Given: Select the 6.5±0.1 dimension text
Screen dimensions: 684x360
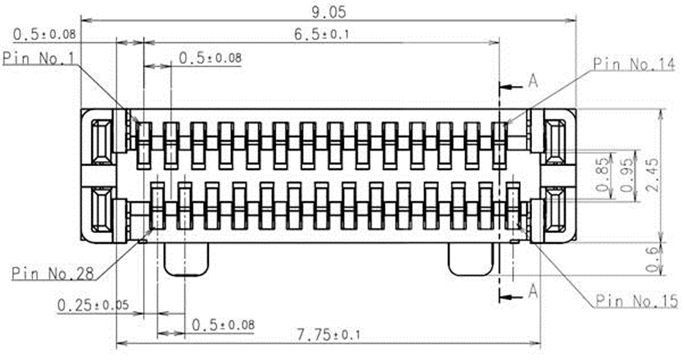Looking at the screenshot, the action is pos(321,34).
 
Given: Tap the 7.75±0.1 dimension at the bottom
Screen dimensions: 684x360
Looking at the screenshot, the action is pos(329,335).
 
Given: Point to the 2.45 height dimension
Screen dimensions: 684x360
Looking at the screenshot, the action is pos(653,174).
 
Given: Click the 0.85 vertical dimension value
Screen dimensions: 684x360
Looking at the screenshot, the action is pos(602,174).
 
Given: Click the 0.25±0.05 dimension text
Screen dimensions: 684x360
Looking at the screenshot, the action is pos(93,305).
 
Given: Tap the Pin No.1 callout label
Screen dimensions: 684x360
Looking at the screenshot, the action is pos(39,58).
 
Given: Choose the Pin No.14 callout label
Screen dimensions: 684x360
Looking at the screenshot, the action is pos(634,65).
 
